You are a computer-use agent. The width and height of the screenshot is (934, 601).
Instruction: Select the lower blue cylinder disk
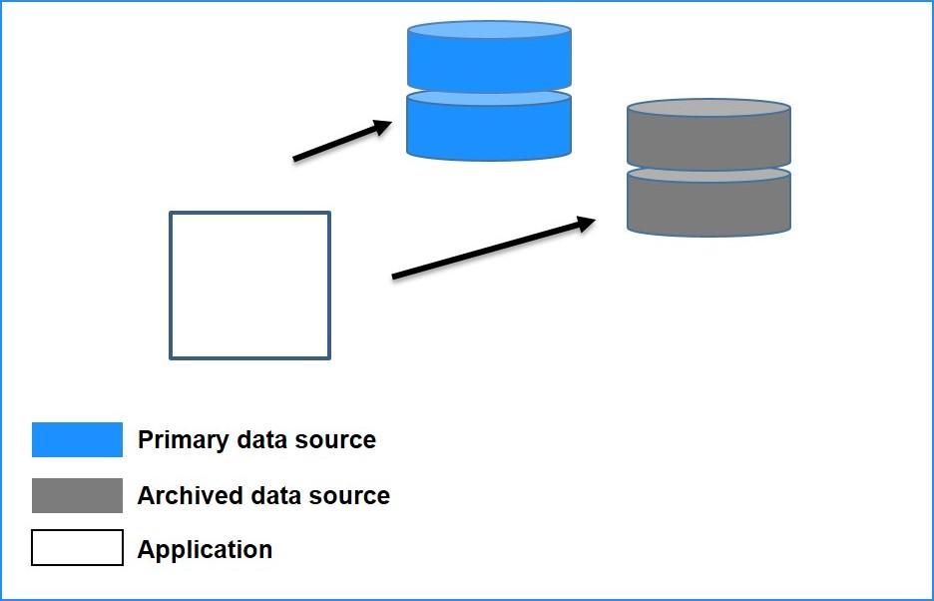pos(489,130)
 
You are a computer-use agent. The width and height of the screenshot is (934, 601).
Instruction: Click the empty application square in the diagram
pos(249,286)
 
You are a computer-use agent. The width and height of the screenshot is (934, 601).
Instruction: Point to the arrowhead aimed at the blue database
pos(381,126)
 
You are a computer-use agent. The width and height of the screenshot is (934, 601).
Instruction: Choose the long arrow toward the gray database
pos(489,250)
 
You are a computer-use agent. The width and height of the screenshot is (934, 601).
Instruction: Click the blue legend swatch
pos(77,440)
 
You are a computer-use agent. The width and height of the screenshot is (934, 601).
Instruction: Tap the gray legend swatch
pos(77,495)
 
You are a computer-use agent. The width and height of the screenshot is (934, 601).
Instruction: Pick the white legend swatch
pos(77,548)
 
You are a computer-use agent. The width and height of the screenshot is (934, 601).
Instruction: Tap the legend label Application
pos(205,549)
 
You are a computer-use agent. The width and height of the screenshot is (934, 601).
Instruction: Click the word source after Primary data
pos(340,440)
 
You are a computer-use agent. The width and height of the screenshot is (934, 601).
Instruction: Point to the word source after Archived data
pos(354,495)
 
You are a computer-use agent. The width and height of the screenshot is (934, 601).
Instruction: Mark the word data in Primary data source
pos(261,440)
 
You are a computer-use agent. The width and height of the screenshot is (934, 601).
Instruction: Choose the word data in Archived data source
pos(274,495)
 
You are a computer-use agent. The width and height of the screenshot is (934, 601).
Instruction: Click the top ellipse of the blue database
pos(489,30)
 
